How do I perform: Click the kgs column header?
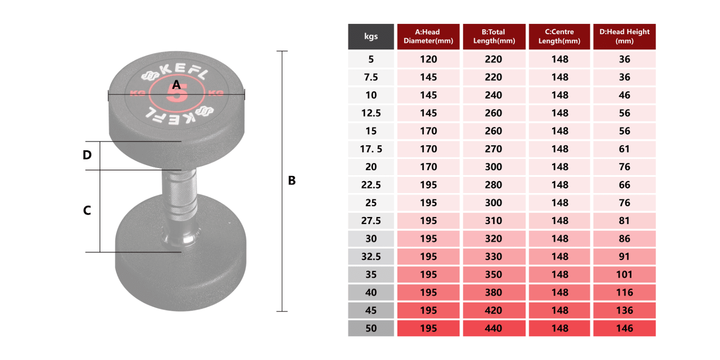click(371, 36)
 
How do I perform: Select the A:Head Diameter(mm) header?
click(428, 36)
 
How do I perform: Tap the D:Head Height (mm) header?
click(624, 36)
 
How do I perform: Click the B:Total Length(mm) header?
click(494, 36)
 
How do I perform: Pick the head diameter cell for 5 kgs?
click(428, 59)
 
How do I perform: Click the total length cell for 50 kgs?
click(494, 328)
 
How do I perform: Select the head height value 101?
click(624, 274)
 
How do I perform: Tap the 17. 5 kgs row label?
click(371, 149)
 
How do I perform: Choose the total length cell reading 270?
click(494, 149)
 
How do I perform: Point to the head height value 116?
click(624, 292)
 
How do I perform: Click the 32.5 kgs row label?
click(371, 256)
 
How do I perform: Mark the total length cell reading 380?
click(494, 292)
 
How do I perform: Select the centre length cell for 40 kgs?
click(559, 292)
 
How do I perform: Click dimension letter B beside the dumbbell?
click(292, 180)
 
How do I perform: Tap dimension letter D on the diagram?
click(87, 155)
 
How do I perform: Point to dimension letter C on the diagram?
click(87, 210)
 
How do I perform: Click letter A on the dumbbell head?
click(176, 85)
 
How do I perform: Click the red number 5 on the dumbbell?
click(177, 94)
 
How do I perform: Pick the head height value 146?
click(624, 328)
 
